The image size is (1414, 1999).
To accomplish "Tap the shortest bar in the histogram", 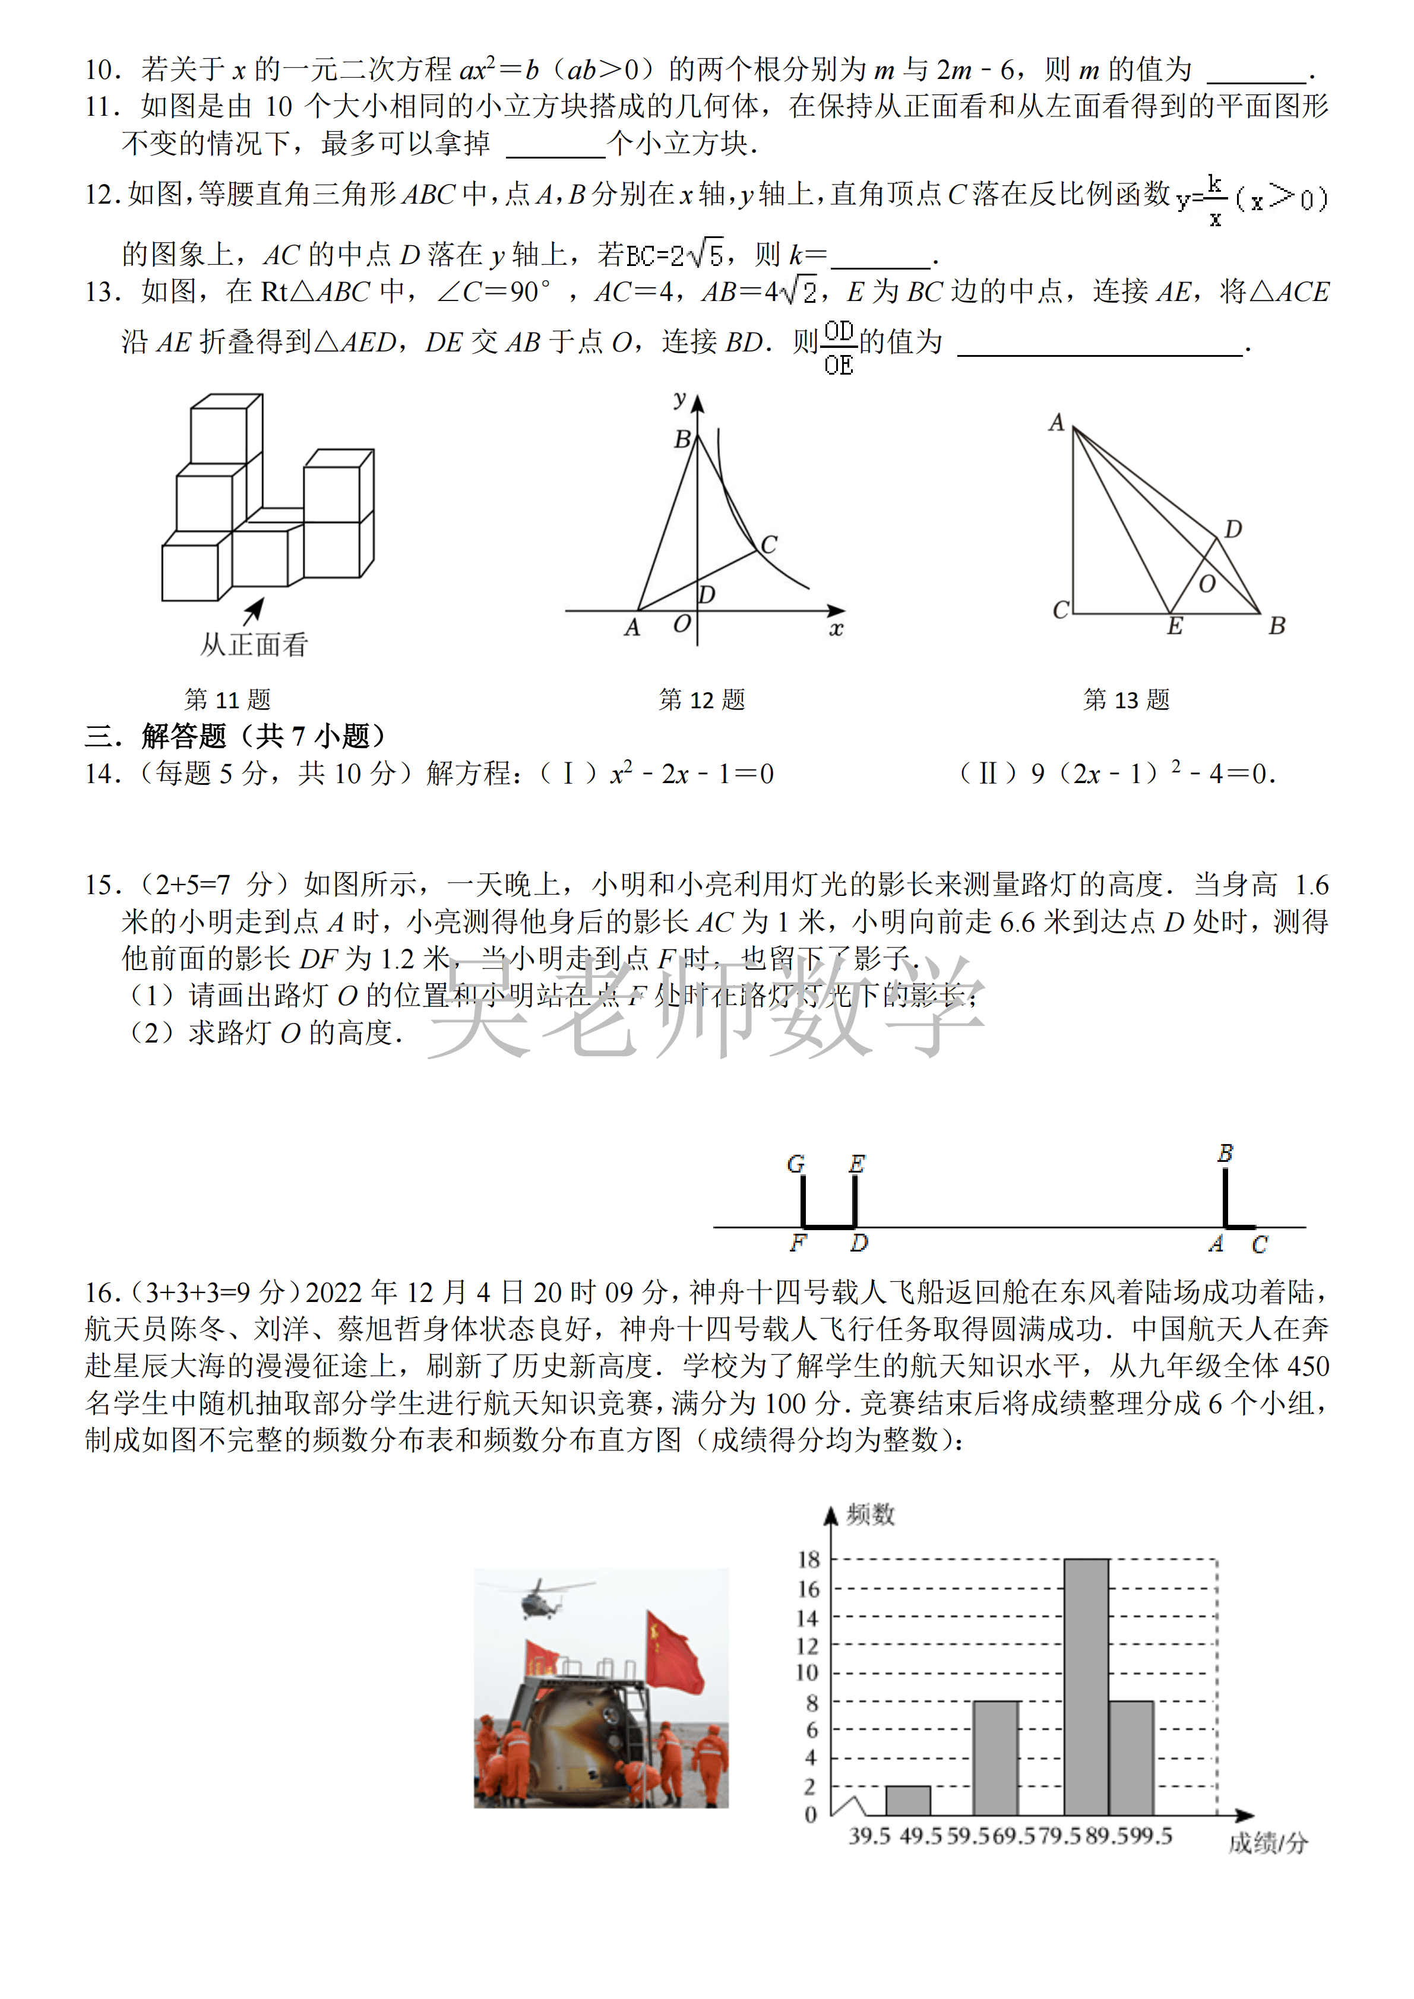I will click(907, 1801).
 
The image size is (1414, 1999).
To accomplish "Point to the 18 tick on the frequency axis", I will click(809, 1559).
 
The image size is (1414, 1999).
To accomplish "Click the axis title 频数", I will click(870, 1515).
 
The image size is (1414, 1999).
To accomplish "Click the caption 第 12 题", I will click(702, 699).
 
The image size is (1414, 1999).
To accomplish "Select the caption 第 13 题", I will click(1126, 699).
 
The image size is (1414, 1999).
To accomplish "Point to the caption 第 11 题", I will click(228, 699).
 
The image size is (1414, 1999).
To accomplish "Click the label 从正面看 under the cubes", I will click(254, 645).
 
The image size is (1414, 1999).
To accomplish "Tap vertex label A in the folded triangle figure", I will click(1056, 423).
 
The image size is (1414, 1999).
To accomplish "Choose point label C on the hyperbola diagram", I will click(769, 544).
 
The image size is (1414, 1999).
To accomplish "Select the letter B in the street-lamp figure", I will click(1225, 1153).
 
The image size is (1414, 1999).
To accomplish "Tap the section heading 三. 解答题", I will click(235, 737).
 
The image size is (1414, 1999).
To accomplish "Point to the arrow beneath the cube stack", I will click(254, 610).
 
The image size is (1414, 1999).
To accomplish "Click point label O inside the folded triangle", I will click(1207, 584).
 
